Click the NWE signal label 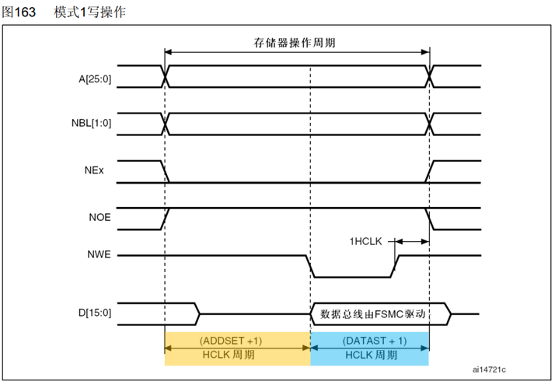[99, 255]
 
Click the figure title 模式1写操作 [89, 12]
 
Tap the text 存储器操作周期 [297, 41]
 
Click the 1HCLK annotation [365, 241]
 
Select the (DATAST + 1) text [369, 341]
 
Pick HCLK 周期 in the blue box [369, 355]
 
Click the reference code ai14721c [494, 370]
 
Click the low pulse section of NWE [351, 276]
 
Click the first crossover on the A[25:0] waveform [165, 75]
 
